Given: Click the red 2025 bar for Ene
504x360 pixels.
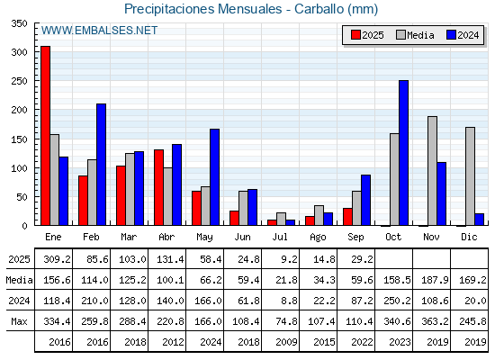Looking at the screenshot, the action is (x=45, y=136).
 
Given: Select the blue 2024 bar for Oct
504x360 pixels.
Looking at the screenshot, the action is (x=404, y=153).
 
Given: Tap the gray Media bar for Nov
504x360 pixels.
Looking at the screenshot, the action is (x=432, y=171).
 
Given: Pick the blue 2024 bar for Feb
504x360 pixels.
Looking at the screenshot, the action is (x=101, y=164).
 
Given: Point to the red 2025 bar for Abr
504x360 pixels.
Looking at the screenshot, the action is (x=158, y=187).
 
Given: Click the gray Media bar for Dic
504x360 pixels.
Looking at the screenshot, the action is (x=470, y=176).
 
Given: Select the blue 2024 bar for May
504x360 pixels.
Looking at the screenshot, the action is (x=215, y=177).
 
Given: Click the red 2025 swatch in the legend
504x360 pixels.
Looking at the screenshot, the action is (x=355, y=35).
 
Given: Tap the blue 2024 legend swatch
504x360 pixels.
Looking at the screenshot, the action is (x=451, y=35).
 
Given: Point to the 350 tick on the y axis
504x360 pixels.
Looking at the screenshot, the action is (x=19, y=23).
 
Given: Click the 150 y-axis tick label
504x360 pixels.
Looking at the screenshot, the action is (x=19, y=139).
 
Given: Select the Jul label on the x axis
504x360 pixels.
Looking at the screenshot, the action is (x=280, y=237).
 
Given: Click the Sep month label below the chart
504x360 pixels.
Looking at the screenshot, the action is (x=355, y=238).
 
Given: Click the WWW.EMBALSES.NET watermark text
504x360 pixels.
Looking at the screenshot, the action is (x=99, y=31).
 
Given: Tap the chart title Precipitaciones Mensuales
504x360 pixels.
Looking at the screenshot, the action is (x=203, y=9).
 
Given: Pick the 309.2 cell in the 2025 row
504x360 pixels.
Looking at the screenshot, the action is (x=58, y=259).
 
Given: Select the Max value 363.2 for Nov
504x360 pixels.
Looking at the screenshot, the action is (x=435, y=321).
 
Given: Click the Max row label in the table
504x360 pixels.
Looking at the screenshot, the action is (x=19, y=321).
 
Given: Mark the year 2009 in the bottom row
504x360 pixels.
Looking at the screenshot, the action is (x=286, y=342).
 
